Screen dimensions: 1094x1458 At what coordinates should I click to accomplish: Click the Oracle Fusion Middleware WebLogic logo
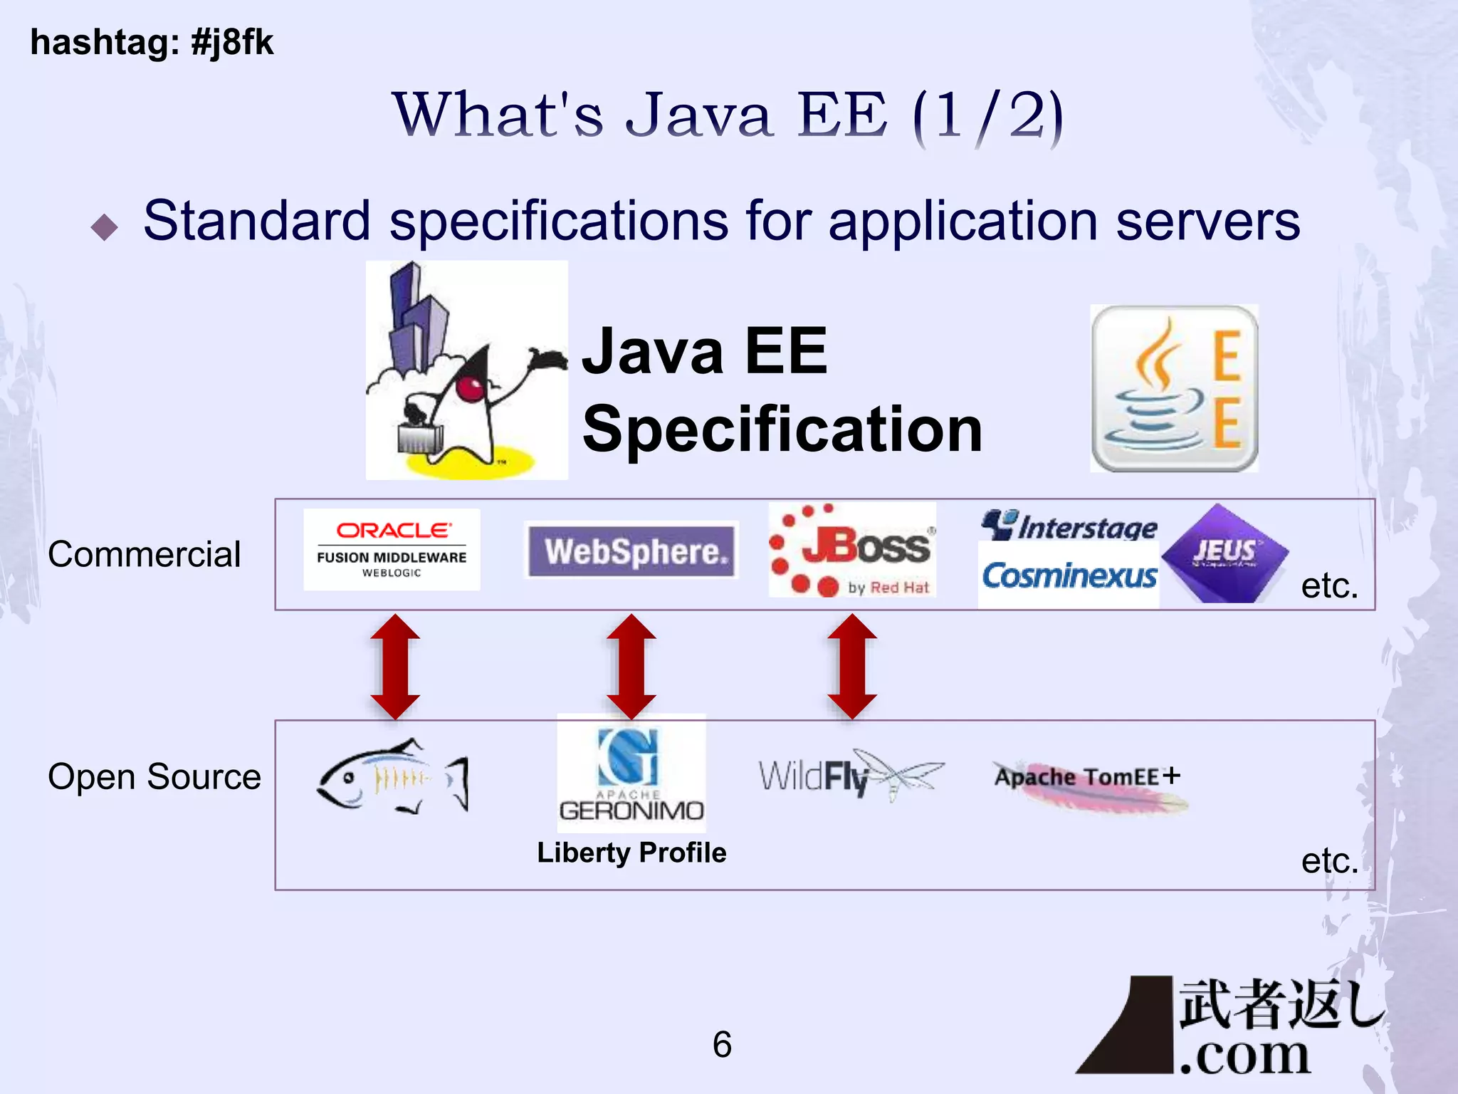point(392,549)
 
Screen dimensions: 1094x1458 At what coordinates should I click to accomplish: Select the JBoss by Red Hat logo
point(852,550)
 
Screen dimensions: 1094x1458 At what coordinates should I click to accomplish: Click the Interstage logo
point(1069,526)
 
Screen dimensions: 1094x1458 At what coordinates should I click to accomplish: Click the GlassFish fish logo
point(392,776)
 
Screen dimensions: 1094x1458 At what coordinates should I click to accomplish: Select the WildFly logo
point(851,775)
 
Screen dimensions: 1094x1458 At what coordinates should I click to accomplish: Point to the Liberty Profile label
point(631,853)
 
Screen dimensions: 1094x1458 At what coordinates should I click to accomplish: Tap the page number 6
point(722,1044)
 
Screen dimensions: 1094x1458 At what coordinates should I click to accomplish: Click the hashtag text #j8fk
point(232,42)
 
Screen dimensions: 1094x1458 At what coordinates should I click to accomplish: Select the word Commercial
point(145,554)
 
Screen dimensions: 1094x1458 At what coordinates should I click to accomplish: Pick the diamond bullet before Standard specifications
point(105,227)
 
